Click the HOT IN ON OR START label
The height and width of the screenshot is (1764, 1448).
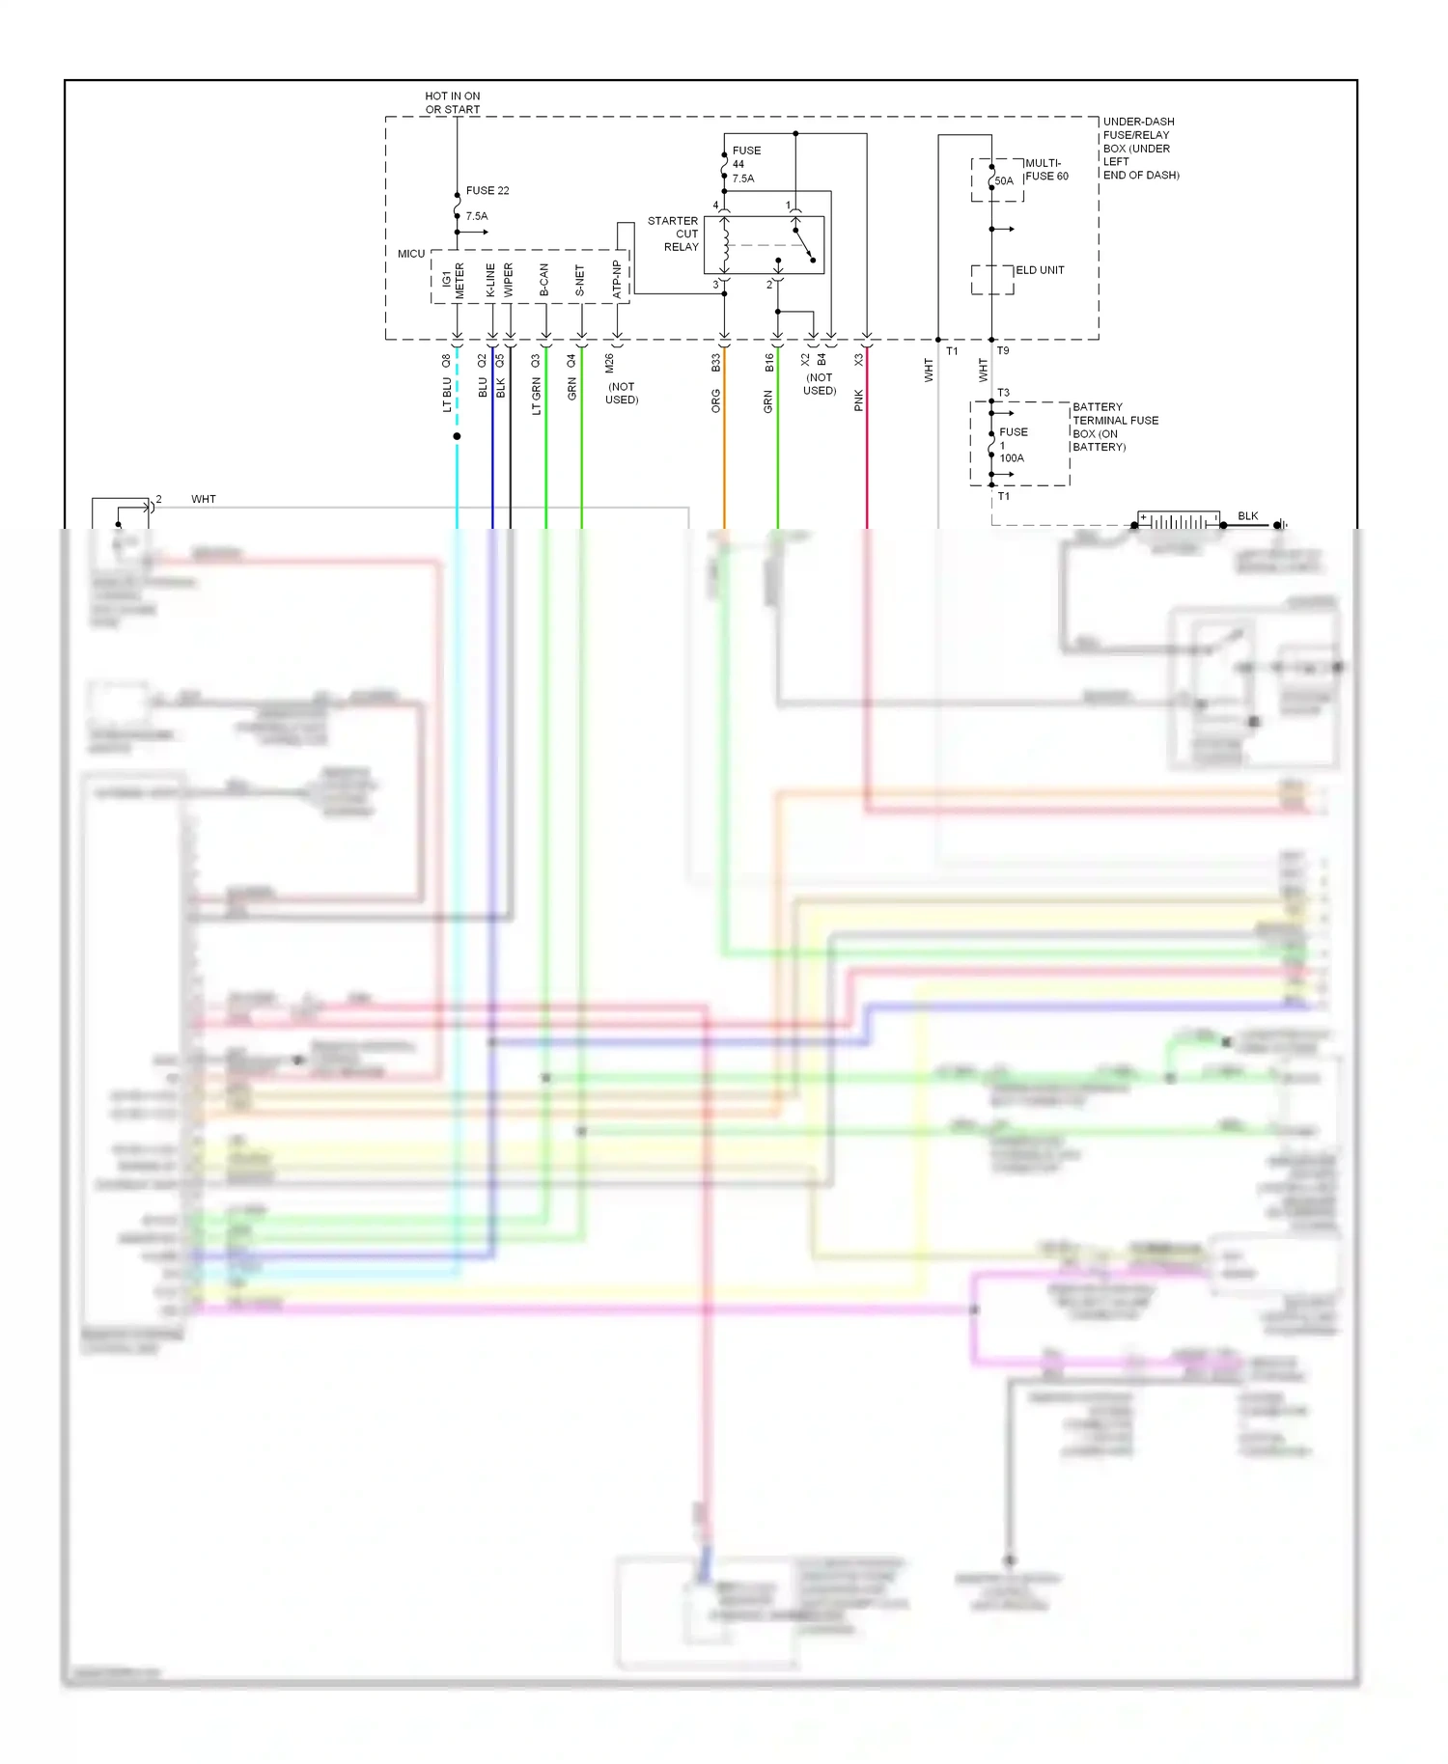[452, 102]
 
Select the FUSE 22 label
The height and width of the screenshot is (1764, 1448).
[487, 191]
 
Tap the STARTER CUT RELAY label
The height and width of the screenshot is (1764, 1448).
[674, 234]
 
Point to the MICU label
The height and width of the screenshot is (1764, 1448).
[411, 254]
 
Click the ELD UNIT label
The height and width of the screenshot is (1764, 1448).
[1040, 270]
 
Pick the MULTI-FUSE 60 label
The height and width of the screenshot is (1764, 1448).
[1046, 170]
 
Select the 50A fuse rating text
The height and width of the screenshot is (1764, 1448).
[1004, 181]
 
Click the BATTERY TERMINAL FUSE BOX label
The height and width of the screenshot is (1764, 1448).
[1114, 427]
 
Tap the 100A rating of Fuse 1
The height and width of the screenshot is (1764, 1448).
[1012, 458]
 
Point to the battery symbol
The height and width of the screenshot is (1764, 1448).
[1178, 522]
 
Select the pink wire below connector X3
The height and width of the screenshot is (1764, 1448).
[867, 454]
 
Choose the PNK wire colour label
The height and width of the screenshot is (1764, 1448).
[859, 401]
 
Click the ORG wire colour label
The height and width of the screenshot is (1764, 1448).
[716, 401]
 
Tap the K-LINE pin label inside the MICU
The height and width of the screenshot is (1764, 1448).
[490, 280]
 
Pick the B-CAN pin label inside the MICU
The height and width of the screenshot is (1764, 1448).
[544, 280]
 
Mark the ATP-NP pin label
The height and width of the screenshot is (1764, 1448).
[617, 279]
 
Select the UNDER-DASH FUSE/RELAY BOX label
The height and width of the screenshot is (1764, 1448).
[1140, 149]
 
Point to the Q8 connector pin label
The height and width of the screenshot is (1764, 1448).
[446, 361]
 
